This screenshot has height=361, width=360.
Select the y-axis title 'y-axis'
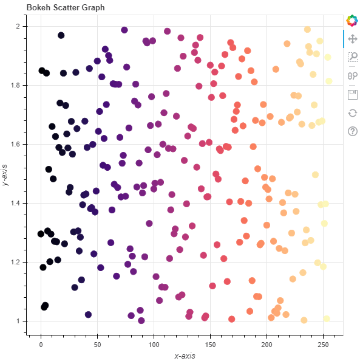coord(6,175)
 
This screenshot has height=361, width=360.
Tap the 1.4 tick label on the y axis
coord(16,204)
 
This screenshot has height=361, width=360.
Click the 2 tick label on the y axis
coord(20,27)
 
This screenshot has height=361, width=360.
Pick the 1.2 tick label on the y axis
coord(16,263)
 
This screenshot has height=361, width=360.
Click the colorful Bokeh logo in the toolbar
coord(352,21)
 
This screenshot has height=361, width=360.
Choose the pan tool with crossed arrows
coord(352,39)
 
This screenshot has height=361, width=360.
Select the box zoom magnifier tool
coord(352,57)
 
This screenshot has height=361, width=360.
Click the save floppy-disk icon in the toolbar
coord(352,94)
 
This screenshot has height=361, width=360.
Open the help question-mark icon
coord(352,131)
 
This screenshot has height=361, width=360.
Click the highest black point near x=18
coord(61,35)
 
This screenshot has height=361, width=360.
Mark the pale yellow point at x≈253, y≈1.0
coord(327,319)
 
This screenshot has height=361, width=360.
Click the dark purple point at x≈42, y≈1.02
coord(88,314)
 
